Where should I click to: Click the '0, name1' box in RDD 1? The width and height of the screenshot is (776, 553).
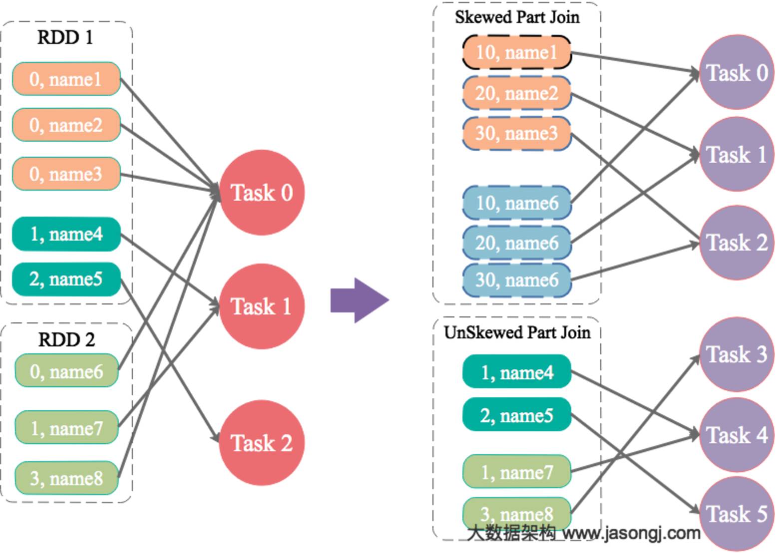[66, 78]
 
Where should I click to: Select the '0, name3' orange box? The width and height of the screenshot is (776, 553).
[66, 174]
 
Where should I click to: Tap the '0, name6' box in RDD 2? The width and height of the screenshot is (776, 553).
[66, 370]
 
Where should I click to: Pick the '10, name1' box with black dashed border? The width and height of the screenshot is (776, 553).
[516, 52]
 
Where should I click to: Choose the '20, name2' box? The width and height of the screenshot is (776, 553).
[516, 93]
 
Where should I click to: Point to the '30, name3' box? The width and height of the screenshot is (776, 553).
[516, 133]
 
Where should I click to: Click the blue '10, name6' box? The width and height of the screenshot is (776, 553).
[516, 203]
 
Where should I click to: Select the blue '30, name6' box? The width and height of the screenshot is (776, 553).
[516, 280]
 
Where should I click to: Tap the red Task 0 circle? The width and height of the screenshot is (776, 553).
[262, 193]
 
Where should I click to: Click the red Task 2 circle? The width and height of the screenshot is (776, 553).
[262, 443]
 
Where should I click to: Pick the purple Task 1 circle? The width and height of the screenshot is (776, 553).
[737, 154]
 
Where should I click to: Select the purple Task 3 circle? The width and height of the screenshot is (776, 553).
[737, 354]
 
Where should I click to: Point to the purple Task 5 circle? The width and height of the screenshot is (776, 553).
[737, 514]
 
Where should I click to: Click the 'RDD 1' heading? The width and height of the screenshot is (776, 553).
[65, 37]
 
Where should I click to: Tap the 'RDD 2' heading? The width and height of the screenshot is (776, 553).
[66, 339]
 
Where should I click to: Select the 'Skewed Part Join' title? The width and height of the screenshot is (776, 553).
[517, 17]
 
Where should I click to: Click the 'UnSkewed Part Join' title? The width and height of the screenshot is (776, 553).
[517, 332]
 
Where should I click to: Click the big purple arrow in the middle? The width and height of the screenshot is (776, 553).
[360, 300]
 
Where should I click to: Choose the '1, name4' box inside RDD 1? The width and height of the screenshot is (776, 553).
[66, 234]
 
